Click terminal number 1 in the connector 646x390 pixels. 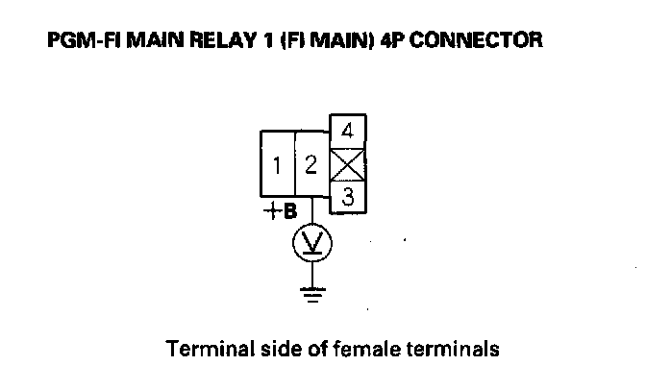(x=277, y=166)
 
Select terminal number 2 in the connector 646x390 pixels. (x=311, y=165)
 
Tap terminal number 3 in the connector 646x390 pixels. (x=348, y=199)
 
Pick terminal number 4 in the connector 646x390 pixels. (x=348, y=131)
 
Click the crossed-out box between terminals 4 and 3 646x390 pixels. (x=348, y=164)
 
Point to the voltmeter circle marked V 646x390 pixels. (x=311, y=243)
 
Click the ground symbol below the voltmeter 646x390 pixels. (x=311, y=294)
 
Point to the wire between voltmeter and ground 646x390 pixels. (x=311, y=273)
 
